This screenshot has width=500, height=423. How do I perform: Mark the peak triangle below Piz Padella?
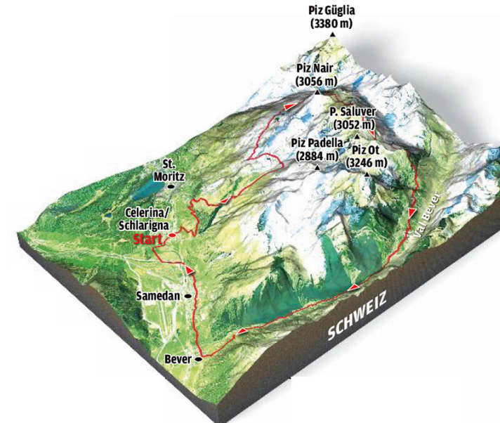pos(317,167)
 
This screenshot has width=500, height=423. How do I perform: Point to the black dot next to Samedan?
pos(187,297)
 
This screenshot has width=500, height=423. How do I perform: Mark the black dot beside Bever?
pos(198,359)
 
